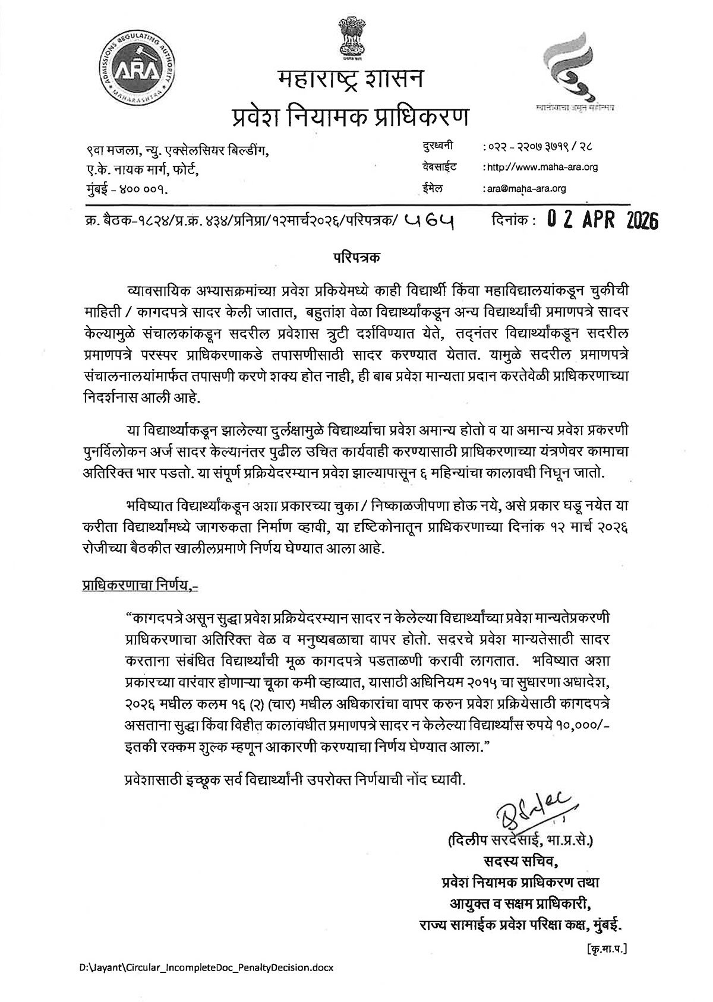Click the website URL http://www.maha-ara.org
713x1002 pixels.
point(542,167)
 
